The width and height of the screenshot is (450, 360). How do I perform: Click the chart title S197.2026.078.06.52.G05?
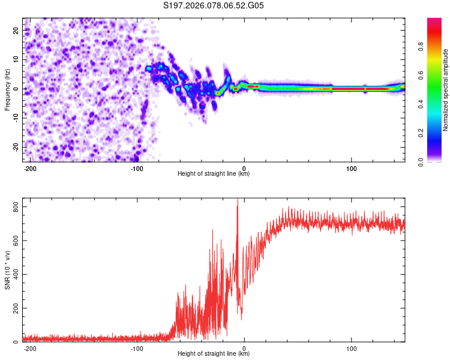pyautogui.click(x=214, y=6)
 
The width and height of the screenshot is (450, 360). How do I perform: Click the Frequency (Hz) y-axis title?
pyautogui.click(x=7, y=89)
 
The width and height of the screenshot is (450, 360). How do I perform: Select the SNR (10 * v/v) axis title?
pyautogui.click(x=7, y=270)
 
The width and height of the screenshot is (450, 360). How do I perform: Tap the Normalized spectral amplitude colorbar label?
pyautogui.click(x=445, y=90)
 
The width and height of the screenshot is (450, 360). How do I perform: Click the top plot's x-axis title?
pyautogui.click(x=214, y=174)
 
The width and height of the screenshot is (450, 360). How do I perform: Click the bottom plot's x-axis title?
pyautogui.click(x=214, y=354)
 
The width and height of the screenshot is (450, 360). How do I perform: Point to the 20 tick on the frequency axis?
pyautogui.click(x=16, y=30)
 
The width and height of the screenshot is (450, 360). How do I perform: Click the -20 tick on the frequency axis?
pyautogui.click(x=15, y=148)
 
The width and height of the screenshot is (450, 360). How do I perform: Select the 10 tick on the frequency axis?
pyautogui.click(x=16, y=59)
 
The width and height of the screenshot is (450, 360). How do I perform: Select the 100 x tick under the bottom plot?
pyautogui.click(x=352, y=347)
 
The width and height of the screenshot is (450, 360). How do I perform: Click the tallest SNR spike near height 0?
pyautogui.click(x=238, y=200)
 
